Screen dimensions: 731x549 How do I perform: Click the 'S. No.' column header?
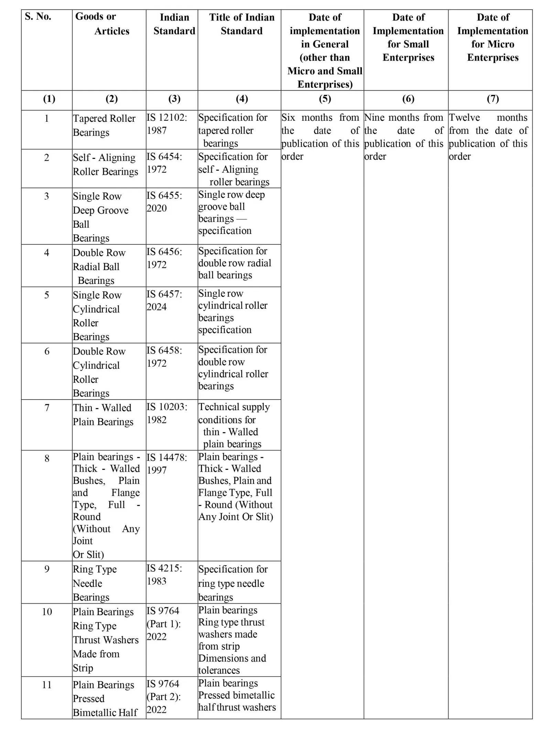(x=38, y=17)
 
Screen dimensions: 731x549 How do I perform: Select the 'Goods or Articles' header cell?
(x=102, y=24)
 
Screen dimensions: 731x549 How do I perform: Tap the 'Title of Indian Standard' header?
(x=241, y=24)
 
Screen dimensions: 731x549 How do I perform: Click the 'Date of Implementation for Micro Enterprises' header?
(x=493, y=37)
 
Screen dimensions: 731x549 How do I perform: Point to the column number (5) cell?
(x=325, y=99)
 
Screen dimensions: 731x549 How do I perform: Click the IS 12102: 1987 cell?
(x=167, y=124)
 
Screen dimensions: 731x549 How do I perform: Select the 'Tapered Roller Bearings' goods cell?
(x=104, y=125)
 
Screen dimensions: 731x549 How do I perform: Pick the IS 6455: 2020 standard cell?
(x=164, y=202)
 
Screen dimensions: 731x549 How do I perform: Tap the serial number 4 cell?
(x=47, y=253)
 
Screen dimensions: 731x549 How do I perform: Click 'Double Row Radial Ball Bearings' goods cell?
(x=99, y=266)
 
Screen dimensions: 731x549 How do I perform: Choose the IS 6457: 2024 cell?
(x=164, y=300)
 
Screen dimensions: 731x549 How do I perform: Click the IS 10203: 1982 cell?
(x=167, y=413)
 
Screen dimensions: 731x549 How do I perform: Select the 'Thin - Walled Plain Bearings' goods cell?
(x=103, y=415)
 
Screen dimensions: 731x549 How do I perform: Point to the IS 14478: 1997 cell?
(x=167, y=463)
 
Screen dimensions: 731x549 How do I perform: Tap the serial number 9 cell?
(x=47, y=569)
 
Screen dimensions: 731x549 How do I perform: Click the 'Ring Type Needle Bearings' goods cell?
(x=95, y=583)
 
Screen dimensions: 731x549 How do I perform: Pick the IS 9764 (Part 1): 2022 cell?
(x=164, y=623)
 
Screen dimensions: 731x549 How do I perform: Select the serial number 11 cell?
(x=47, y=685)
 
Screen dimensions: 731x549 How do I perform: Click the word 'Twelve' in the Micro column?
(x=464, y=118)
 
